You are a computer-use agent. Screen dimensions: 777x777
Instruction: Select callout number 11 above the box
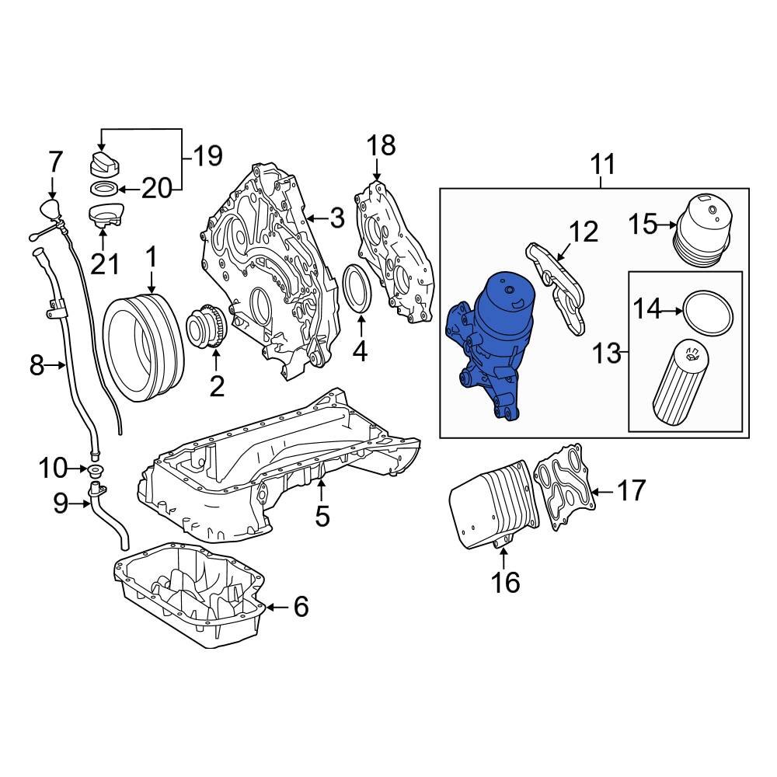602,165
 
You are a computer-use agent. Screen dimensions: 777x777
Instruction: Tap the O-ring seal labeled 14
706,311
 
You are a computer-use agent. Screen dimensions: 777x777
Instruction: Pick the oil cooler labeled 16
490,509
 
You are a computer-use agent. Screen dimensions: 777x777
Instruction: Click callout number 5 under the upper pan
322,516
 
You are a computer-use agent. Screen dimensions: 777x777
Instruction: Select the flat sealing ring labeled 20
103,189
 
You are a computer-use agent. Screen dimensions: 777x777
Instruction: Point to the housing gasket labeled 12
559,287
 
